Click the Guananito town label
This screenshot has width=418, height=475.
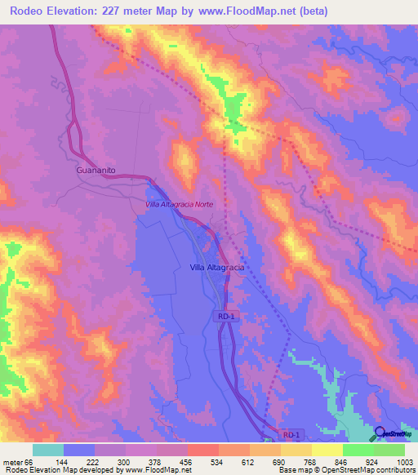tap(96, 171)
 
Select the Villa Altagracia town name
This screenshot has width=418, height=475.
tap(218, 267)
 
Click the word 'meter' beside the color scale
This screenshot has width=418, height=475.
tap(12, 461)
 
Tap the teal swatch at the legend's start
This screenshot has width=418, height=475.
tap(48, 450)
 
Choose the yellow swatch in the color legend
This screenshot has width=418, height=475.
tap(327, 450)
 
